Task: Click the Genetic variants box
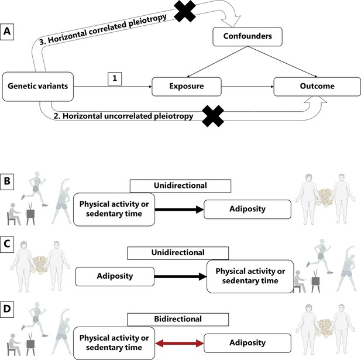tap(38, 87)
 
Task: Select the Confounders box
tap(247, 36)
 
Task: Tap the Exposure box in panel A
tap(187, 87)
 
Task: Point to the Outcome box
tap(317, 87)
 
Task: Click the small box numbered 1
tap(115, 78)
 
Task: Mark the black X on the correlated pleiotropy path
tap(185, 11)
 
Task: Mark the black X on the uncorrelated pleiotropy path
tap(213, 116)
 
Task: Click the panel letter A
tap(7, 32)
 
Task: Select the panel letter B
tap(7, 181)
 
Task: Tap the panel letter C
tap(7, 244)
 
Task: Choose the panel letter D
tap(7, 309)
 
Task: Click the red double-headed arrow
tap(180, 343)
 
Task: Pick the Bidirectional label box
tap(178, 319)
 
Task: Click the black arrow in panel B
tap(179, 210)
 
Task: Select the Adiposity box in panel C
tap(115, 276)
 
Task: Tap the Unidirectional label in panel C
tap(178, 253)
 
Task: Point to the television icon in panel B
tap(30, 214)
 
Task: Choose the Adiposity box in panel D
tap(247, 343)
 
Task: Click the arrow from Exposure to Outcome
tap(247, 87)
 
